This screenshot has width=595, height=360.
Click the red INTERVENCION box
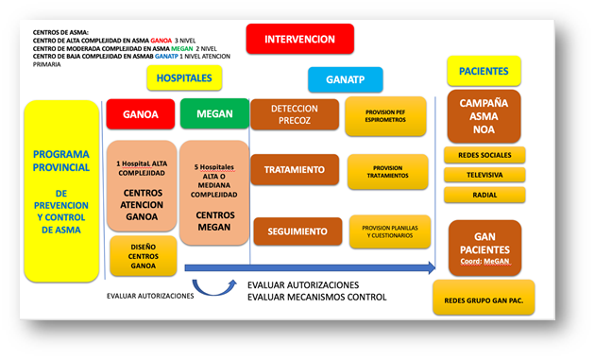[299, 40]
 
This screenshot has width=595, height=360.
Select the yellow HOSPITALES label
[185, 79]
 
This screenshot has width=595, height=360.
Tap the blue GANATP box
[344, 79]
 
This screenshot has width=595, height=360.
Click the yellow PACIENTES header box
[484, 71]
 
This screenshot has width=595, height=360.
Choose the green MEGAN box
[214, 114]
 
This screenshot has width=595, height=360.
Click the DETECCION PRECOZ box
[294, 114]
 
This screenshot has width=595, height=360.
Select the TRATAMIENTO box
[294, 170]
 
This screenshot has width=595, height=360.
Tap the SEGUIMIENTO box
[297, 231]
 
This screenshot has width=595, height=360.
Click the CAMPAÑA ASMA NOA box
[484, 115]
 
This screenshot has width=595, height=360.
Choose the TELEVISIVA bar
[484, 175]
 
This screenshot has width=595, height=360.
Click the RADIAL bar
[484, 195]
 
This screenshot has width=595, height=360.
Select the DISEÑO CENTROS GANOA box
[143, 256]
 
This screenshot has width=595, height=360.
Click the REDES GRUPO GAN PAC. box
[484, 300]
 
